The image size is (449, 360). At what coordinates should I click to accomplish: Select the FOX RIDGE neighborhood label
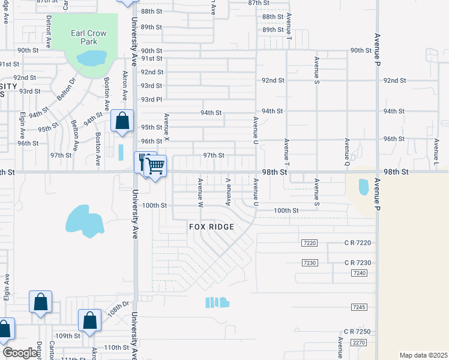point(211,227)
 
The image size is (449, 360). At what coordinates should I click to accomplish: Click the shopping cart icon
point(155,166)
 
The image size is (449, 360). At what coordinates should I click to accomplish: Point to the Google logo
point(20,353)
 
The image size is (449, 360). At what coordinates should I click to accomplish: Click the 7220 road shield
point(309,242)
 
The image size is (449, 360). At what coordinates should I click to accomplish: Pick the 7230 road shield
point(309,263)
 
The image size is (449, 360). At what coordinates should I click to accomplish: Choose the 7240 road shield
point(360,273)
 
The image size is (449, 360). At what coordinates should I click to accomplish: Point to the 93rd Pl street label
point(151,99)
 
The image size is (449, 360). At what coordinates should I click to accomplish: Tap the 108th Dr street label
point(119,313)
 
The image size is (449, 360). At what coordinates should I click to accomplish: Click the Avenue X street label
point(167,128)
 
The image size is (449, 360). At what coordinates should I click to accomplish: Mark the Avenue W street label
point(200,192)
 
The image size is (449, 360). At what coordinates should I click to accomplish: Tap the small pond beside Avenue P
point(363,187)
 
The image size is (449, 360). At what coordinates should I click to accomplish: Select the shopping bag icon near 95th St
point(122,121)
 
